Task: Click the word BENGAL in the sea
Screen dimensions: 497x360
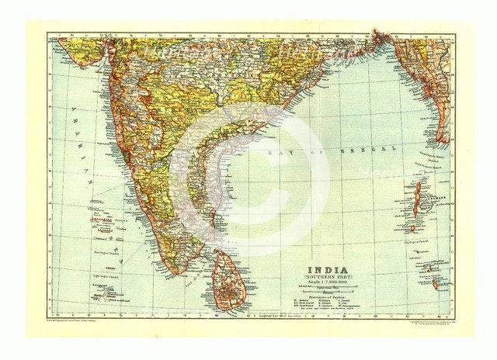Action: point(374,147)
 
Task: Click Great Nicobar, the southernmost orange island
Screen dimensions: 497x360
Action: point(435,284)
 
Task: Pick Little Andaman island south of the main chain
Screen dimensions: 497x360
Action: point(413,229)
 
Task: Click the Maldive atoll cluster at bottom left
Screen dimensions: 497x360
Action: point(105,292)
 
